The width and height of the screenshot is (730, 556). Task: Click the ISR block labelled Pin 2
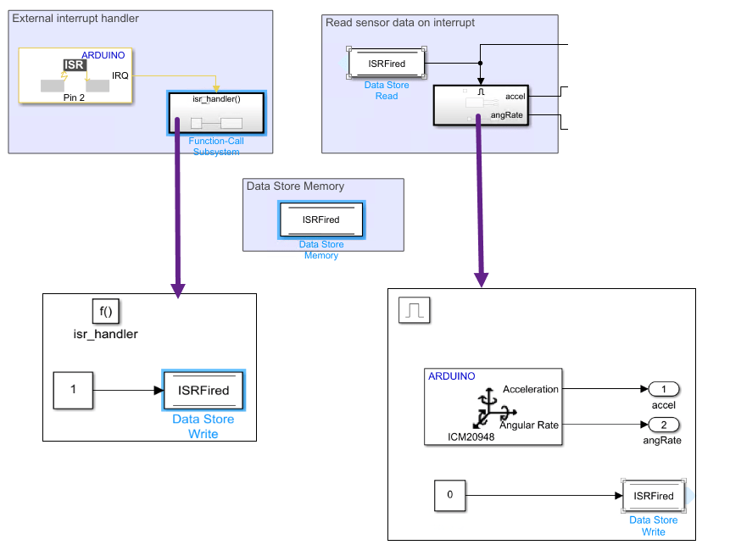(x=75, y=75)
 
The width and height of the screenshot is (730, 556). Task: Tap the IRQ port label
(x=120, y=76)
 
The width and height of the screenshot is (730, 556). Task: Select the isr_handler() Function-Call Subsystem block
(x=216, y=113)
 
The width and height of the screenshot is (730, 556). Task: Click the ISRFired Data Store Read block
(x=387, y=64)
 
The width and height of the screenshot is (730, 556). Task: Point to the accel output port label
(x=515, y=96)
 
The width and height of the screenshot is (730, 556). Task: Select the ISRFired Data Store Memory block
(x=320, y=220)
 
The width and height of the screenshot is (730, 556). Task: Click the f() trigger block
(x=105, y=311)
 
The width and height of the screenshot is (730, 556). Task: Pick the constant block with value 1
(x=73, y=390)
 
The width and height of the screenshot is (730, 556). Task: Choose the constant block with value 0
(x=449, y=496)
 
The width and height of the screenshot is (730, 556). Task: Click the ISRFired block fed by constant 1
(x=203, y=391)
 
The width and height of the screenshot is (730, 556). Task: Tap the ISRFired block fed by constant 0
(x=653, y=496)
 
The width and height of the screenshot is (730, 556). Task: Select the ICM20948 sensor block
(x=493, y=406)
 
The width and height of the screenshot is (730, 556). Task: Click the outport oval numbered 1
(x=664, y=389)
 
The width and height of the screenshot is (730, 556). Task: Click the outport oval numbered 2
(x=664, y=424)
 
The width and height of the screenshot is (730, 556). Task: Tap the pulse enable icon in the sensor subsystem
(x=415, y=311)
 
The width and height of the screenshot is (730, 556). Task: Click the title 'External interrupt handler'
(x=75, y=19)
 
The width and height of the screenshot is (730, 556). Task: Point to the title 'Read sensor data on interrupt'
(x=400, y=23)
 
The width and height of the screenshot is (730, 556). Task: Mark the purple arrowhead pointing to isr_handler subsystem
(x=177, y=289)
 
